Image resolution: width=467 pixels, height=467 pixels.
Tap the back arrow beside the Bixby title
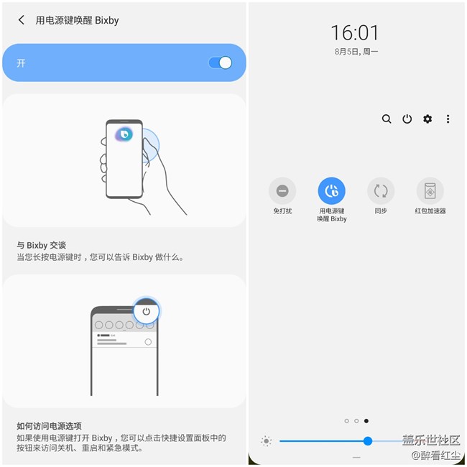(22, 20)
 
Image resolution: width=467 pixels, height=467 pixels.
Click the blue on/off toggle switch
(221, 63)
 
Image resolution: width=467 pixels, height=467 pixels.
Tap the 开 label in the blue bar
(22, 63)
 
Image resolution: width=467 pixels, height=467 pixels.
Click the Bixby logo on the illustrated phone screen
(124, 134)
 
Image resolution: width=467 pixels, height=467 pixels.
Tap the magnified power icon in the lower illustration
(147, 311)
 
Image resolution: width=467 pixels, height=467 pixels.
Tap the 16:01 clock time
(356, 32)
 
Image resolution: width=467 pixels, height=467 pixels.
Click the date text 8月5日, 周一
(356, 52)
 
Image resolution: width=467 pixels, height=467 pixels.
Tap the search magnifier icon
(387, 119)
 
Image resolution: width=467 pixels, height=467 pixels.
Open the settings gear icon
(427, 119)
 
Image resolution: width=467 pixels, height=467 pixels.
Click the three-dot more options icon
(448, 119)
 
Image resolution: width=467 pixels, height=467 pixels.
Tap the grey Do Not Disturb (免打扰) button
(282, 191)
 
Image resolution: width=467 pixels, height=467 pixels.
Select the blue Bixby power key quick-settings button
(332, 191)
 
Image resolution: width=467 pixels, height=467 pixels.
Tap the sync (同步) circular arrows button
(381, 191)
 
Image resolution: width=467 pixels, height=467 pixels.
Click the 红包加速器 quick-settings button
(430, 191)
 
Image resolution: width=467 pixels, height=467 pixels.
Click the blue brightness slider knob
(368, 441)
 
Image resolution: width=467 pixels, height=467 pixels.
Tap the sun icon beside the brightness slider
(267, 441)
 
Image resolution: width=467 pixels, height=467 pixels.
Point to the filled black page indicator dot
(366, 421)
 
